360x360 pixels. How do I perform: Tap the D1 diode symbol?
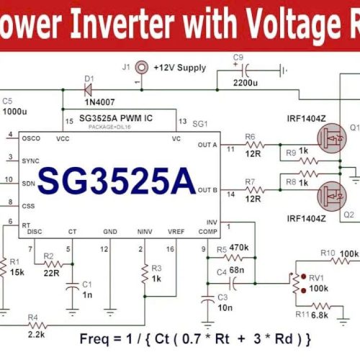(x=90, y=89)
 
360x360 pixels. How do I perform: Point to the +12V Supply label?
(x=181, y=67)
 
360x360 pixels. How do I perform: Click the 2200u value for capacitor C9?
(x=246, y=84)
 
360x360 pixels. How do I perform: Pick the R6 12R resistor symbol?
(x=252, y=147)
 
